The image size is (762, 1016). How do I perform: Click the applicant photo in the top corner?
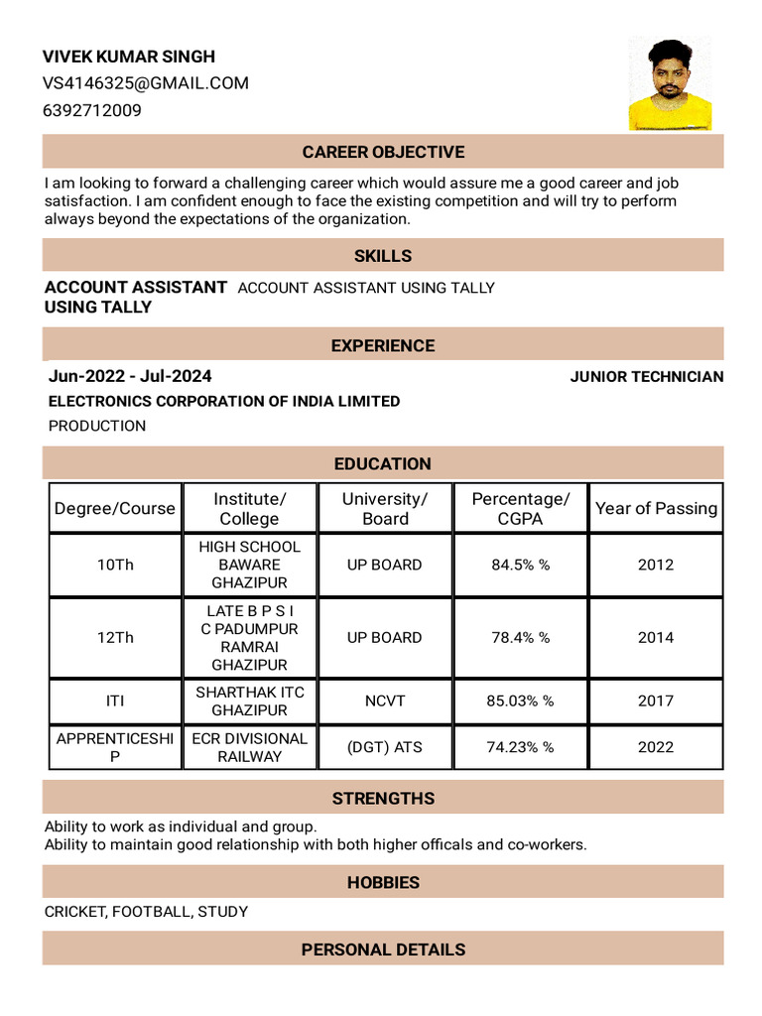[670, 84]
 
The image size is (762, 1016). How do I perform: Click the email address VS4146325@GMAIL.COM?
[145, 83]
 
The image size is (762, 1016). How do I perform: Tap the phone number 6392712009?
[92, 110]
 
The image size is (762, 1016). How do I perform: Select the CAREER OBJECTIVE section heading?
[383, 152]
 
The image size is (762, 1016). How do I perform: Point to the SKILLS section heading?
[383, 256]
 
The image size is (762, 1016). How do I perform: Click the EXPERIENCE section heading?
[383, 345]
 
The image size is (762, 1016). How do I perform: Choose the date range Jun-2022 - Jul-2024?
[130, 376]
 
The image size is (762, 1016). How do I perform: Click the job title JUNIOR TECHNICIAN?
[646, 377]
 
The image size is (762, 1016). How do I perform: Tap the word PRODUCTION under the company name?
[97, 426]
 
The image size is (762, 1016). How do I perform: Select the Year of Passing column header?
[656, 508]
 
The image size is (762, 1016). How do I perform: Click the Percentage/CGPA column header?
[521, 508]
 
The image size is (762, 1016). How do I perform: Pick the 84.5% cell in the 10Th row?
[521, 565]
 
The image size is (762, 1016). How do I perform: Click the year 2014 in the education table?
[656, 637]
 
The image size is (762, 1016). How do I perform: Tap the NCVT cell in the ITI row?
[385, 700]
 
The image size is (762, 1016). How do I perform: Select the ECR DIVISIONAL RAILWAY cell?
[250, 747]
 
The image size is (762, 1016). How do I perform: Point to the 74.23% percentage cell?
[521, 747]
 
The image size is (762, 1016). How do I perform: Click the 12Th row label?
[115, 637]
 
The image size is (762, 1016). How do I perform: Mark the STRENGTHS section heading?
[383, 798]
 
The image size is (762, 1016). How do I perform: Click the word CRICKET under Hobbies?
[73, 911]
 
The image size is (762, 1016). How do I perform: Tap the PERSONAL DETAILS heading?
[383, 950]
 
